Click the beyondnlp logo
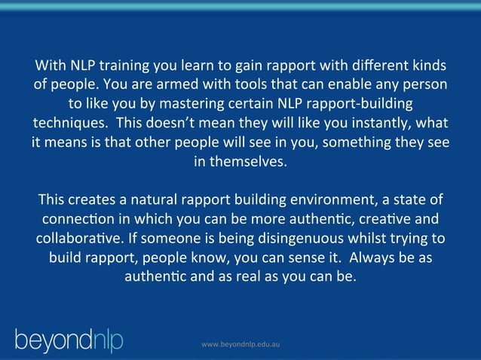tap(69, 340)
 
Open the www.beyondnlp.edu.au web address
tap(240, 344)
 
